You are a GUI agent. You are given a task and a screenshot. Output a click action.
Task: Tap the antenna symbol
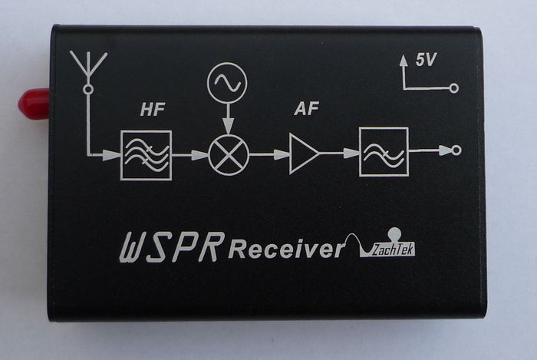pyautogui.click(x=88, y=66)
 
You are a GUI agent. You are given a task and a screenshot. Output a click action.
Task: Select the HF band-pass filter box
pyautogui.click(x=146, y=155)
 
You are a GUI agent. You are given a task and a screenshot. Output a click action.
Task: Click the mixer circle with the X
pyautogui.click(x=227, y=155)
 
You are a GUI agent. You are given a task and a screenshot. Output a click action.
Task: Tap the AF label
pyautogui.click(x=307, y=110)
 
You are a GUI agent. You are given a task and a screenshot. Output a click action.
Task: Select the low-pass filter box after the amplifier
pyautogui.click(x=384, y=151)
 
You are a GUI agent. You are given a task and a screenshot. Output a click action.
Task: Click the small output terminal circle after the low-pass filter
pyautogui.click(x=456, y=150)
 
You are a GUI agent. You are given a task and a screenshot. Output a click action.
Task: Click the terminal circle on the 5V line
pyautogui.click(x=454, y=88)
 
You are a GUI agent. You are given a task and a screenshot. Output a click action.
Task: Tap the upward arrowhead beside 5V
pyautogui.click(x=402, y=61)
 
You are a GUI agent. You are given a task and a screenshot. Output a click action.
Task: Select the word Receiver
pyautogui.click(x=286, y=249)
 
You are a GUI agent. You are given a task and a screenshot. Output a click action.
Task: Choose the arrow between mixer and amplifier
pyautogui.click(x=268, y=155)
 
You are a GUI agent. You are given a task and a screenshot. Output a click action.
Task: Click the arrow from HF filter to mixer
pyautogui.click(x=189, y=155)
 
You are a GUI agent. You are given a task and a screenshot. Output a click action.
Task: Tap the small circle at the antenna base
pyautogui.click(x=88, y=90)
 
